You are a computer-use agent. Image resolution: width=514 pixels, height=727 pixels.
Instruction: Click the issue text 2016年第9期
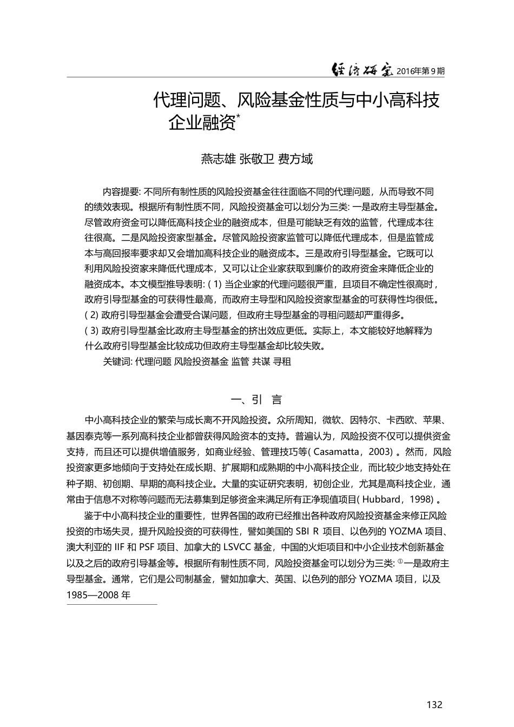[x=420, y=71]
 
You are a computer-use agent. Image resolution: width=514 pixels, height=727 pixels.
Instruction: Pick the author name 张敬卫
[x=256, y=159]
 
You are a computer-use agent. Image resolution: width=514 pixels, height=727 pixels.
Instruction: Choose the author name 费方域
[x=295, y=159]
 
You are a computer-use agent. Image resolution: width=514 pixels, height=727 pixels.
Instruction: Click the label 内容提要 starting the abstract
[x=121, y=192]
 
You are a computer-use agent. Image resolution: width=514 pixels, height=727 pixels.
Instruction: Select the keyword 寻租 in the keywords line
[x=282, y=362]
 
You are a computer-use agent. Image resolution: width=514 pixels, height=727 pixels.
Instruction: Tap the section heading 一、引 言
[x=256, y=400]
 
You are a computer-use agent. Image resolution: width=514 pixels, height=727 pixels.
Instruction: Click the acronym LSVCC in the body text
[x=239, y=547]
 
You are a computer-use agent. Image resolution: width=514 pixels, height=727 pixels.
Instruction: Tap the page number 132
[x=434, y=704]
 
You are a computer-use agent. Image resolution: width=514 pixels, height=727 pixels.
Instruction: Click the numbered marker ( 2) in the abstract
[x=91, y=315]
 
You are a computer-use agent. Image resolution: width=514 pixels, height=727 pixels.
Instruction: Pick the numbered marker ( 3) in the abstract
[x=91, y=331]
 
